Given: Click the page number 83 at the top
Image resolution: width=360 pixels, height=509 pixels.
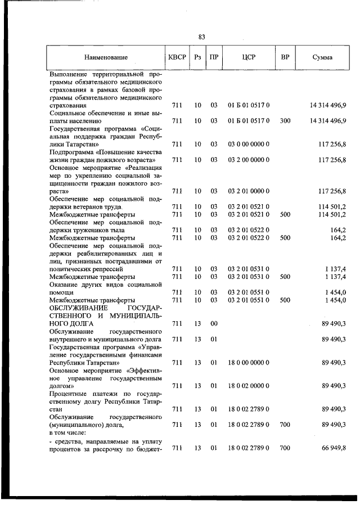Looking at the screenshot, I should coord(201,37).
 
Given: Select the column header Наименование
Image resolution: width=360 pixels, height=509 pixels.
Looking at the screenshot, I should coord(106,57).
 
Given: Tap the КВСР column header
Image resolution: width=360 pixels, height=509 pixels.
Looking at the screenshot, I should coord(175,57).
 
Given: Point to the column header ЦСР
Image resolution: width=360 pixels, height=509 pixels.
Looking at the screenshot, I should coord(249,57).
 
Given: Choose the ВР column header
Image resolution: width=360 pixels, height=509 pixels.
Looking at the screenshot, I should coord(285,57).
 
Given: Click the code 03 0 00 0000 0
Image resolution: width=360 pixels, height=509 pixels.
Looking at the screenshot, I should coord(249,145).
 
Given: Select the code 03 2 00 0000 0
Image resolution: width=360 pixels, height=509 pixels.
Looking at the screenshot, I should coord(249,160).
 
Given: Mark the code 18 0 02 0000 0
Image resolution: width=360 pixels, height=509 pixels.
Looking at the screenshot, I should coord(249,386).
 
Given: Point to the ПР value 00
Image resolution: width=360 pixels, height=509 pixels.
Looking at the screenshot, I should coord(214,324).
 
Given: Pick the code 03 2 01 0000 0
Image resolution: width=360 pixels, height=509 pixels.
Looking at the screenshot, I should coord(249,191).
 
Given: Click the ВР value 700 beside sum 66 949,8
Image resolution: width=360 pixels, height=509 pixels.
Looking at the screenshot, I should coord(285,448).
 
